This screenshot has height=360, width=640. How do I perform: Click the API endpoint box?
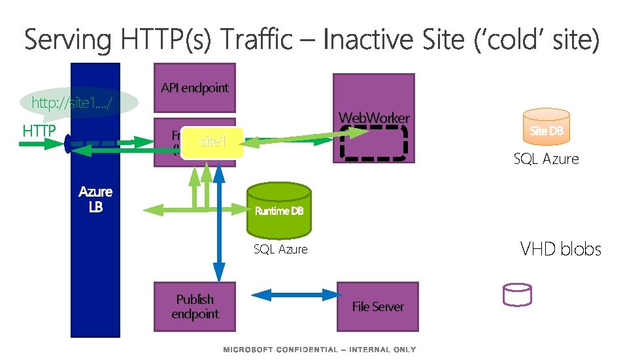click(x=194, y=88)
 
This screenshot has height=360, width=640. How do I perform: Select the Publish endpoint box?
click(x=194, y=306)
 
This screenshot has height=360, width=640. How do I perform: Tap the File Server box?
click(x=377, y=306)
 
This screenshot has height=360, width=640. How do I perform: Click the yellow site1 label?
click(x=212, y=141)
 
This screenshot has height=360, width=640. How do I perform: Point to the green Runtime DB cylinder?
click(x=279, y=210)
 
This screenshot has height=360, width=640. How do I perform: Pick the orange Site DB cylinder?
click(x=547, y=129)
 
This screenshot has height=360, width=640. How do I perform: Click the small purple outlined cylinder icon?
click(x=516, y=295)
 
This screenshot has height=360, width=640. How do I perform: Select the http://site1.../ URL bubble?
click(x=79, y=103)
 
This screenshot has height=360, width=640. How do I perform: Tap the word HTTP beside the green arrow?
click(x=39, y=131)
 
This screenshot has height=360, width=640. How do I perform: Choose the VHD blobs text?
click(x=560, y=249)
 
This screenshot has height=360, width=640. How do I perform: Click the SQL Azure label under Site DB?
click(x=546, y=159)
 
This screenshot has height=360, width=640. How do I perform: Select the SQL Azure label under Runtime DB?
click(x=280, y=249)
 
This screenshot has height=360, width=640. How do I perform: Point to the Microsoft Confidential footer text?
click(x=319, y=350)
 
